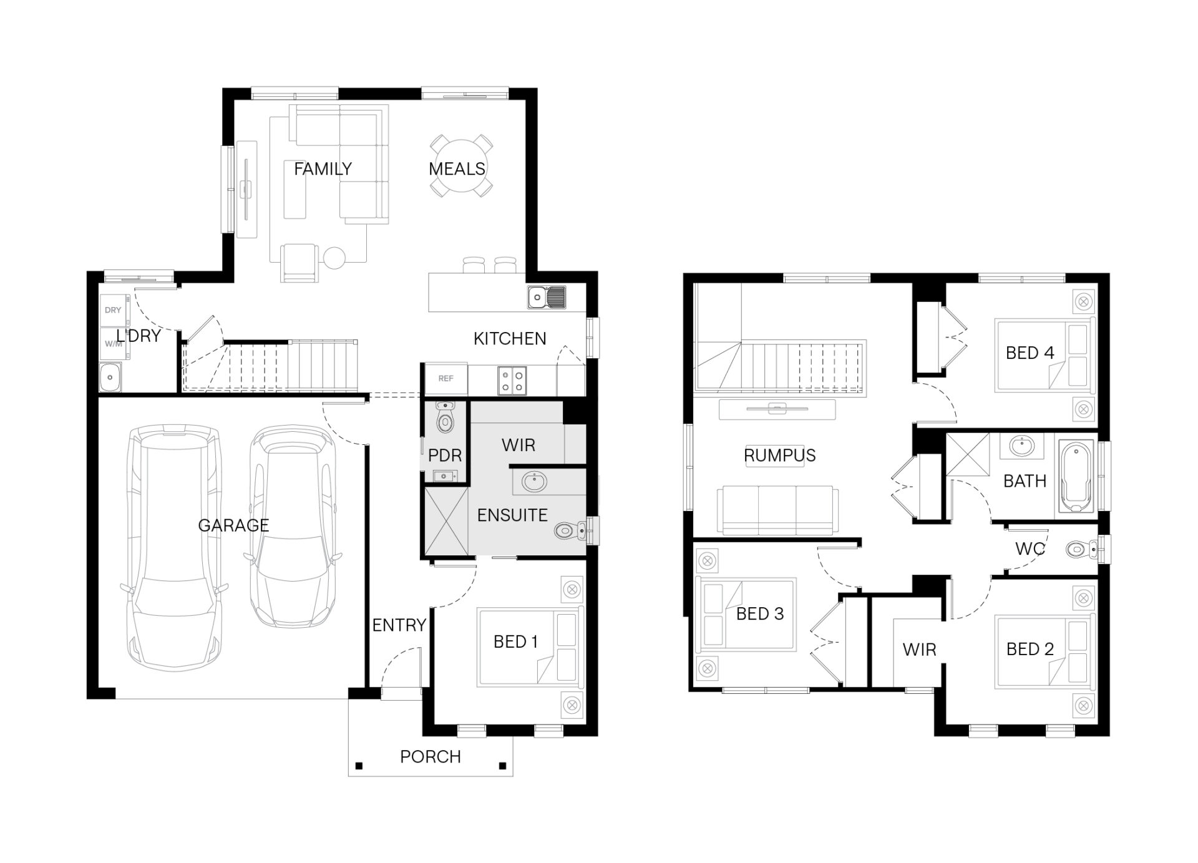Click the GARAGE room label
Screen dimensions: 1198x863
pyautogui.click(x=233, y=525)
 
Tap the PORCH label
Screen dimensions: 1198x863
pyautogui.click(x=431, y=756)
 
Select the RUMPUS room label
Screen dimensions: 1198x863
pyautogui.click(x=780, y=456)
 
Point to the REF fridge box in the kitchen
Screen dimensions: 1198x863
pyautogui.click(x=446, y=379)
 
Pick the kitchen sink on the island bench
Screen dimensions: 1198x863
pyautogui.click(x=547, y=297)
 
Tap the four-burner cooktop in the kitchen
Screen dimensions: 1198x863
pyautogui.click(x=512, y=381)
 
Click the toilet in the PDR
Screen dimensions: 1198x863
pyautogui.click(x=445, y=418)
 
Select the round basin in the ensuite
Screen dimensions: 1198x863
pyautogui.click(x=534, y=482)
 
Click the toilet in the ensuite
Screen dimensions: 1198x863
pyautogui.click(x=569, y=530)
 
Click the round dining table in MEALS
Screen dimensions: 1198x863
pyautogui.click(x=460, y=166)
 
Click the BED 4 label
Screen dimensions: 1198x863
pyautogui.click(x=1030, y=353)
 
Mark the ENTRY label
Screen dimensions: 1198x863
pyautogui.click(x=399, y=625)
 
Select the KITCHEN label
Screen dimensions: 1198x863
pyautogui.click(x=510, y=339)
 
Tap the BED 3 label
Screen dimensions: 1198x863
pyautogui.click(x=760, y=614)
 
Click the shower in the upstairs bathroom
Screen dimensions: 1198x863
pyautogui.click(x=968, y=455)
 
